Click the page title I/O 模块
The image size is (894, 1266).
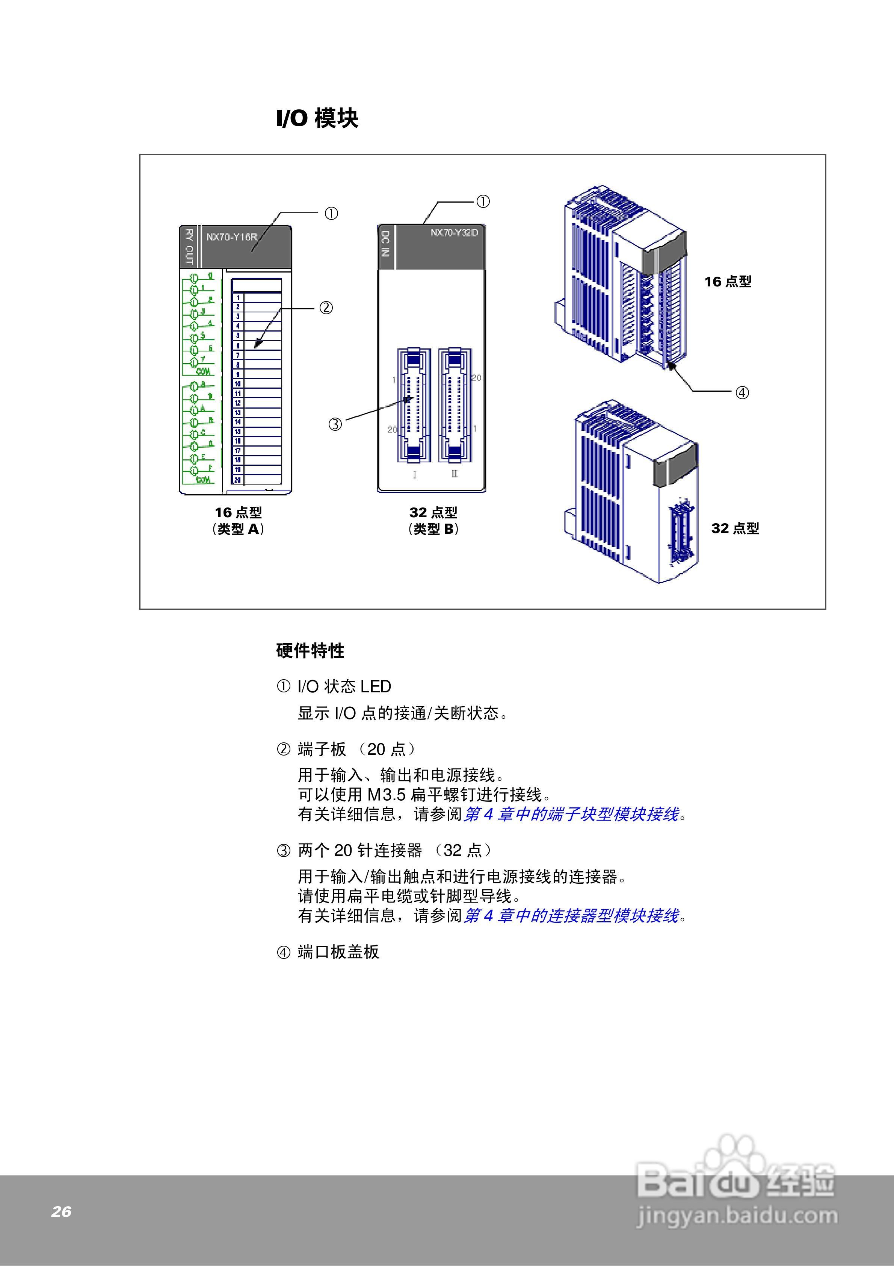coord(317,118)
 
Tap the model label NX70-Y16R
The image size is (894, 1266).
coord(231,237)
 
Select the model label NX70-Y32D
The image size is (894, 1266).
coord(454,233)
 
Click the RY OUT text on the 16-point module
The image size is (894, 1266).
coord(189,247)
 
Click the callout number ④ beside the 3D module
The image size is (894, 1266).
coord(742,392)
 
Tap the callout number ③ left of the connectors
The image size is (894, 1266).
coord(335,424)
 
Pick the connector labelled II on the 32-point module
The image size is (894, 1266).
coord(455,405)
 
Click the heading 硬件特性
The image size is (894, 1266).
coord(310,651)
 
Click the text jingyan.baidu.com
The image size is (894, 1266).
coord(737,1216)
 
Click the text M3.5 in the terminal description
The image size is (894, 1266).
coord(387,795)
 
